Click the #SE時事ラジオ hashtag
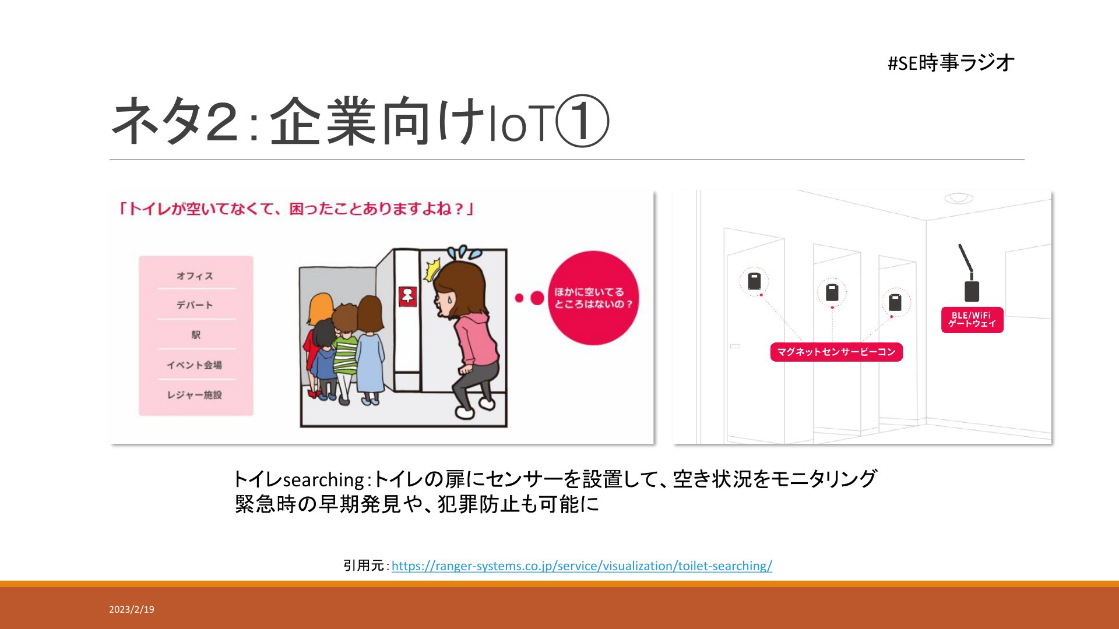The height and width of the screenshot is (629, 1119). (x=951, y=62)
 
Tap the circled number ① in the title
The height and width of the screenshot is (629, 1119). (x=582, y=122)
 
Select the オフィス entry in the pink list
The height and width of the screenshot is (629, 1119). (x=195, y=276)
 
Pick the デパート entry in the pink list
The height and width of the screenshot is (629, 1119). (x=195, y=305)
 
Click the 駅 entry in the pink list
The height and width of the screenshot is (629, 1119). (x=196, y=335)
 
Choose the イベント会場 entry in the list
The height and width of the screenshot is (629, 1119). (x=195, y=365)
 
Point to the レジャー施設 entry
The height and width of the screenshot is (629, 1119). (x=195, y=395)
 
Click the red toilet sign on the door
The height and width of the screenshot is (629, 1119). (x=407, y=296)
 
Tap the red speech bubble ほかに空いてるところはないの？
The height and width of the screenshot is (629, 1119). (x=593, y=298)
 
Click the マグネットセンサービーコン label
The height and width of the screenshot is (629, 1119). (x=836, y=352)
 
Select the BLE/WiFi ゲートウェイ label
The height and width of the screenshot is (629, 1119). (x=972, y=320)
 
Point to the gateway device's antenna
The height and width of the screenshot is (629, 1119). (x=966, y=259)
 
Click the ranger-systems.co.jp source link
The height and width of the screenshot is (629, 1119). (x=582, y=566)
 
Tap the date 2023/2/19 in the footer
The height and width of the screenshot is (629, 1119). (x=132, y=609)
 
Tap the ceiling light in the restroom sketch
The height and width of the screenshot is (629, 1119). (x=959, y=198)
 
